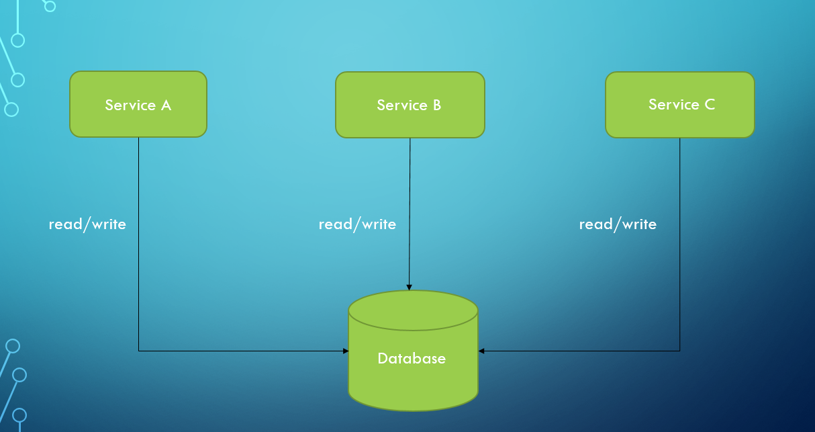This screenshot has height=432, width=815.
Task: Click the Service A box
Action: click(138, 104)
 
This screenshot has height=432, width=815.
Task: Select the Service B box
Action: click(410, 105)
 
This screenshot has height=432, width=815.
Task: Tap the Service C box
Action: click(679, 105)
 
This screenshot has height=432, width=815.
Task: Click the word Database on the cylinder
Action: click(412, 359)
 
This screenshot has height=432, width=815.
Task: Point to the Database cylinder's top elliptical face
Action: click(413, 310)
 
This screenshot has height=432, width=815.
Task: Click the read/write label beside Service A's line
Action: click(87, 224)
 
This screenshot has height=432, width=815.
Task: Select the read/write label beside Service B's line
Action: click(357, 224)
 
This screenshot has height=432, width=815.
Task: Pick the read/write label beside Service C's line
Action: click(618, 224)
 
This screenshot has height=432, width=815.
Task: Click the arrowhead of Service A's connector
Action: click(346, 351)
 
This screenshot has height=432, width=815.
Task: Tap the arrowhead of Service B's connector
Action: click(410, 288)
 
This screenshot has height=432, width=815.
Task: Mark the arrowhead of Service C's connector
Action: click(481, 351)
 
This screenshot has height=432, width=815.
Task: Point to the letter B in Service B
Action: click(436, 105)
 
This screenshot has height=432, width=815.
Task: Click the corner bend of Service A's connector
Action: click(139, 351)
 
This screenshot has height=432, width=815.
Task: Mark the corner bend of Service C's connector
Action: click(680, 351)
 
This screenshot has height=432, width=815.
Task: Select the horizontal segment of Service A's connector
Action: click(242, 351)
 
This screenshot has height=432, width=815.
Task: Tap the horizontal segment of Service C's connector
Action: click(581, 351)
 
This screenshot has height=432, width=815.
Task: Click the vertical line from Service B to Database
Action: click(410, 202)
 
